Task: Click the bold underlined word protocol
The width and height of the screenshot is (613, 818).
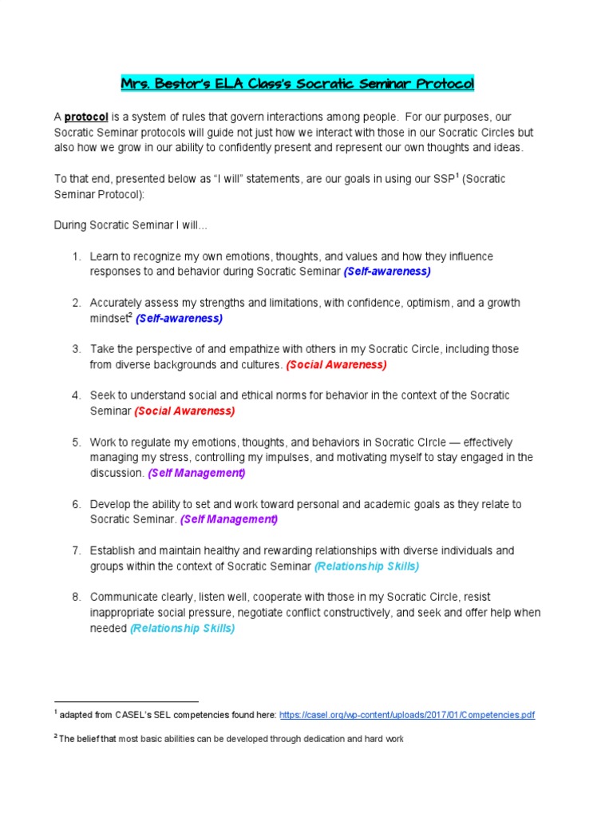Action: (x=85, y=117)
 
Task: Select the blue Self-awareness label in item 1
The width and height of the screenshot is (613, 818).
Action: (x=387, y=272)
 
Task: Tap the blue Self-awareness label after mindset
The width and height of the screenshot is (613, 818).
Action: (x=179, y=318)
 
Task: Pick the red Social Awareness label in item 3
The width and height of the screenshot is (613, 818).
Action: (x=336, y=365)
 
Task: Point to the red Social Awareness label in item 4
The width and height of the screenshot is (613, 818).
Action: (x=184, y=411)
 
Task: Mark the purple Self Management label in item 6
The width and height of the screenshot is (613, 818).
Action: (x=229, y=520)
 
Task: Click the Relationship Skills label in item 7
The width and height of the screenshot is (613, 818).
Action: (x=366, y=566)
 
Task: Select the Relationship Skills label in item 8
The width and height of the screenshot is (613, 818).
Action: (x=183, y=629)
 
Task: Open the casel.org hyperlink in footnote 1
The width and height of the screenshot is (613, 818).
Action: (x=407, y=715)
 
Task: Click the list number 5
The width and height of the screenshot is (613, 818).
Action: (x=77, y=443)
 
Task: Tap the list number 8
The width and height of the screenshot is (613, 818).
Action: (x=77, y=598)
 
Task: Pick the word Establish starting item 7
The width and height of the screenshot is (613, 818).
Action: (x=113, y=551)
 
